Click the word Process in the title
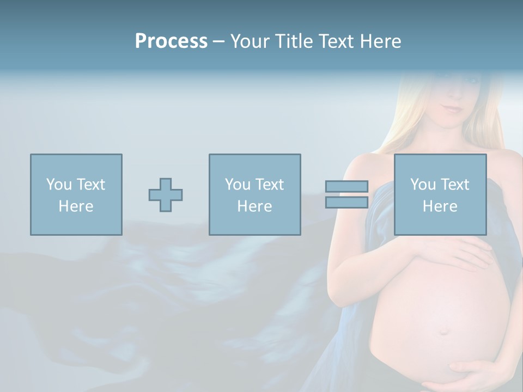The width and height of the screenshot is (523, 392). click(171, 41)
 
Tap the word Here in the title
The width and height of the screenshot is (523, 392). click(380, 41)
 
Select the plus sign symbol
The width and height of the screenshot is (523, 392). click(166, 195)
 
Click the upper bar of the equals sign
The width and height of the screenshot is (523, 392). click(346, 186)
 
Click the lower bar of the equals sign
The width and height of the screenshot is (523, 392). click(346, 203)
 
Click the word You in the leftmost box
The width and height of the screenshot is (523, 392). click(59, 185)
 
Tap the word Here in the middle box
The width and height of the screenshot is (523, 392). click(254, 206)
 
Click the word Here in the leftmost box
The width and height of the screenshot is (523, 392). click(76, 206)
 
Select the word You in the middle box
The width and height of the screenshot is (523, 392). click(238, 185)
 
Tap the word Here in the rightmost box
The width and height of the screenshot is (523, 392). click(440, 206)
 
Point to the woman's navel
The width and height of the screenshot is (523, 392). click(445, 330)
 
